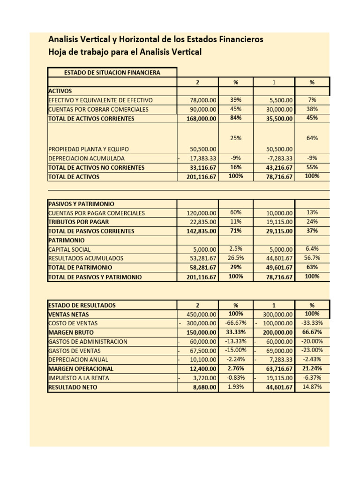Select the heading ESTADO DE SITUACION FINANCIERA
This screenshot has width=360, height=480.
click(x=112, y=72)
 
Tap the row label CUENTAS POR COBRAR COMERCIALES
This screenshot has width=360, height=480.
click(x=98, y=109)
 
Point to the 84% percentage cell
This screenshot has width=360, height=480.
click(x=236, y=118)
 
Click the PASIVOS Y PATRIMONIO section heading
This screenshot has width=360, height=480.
click(x=81, y=204)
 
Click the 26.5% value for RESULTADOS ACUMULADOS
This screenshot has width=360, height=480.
click(x=236, y=258)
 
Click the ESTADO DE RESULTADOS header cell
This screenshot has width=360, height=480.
click(x=82, y=305)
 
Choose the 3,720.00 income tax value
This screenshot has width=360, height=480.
click(x=205, y=378)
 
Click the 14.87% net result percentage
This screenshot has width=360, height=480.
click(x=312, y=387)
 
